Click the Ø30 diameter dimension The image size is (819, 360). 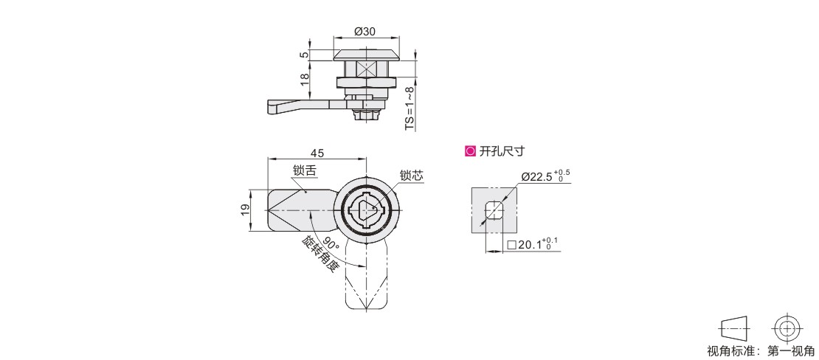(x=364, y=31)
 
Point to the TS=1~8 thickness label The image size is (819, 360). (x=410, y=108)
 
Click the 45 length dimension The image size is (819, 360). (x=317, y=153)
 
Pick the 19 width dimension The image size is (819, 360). (x=246, y=210)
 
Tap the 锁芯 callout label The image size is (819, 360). (x=411, y=176)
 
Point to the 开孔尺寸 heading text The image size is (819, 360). (x=502, y=151)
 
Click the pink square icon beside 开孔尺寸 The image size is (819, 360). (x=470, y=151)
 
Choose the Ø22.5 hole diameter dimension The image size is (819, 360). (x=545, y=176)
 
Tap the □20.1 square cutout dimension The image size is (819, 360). (x=533, y=244)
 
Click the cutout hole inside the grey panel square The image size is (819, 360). (x=494, y=210)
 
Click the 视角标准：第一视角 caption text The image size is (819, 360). (x=760, y=351)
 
